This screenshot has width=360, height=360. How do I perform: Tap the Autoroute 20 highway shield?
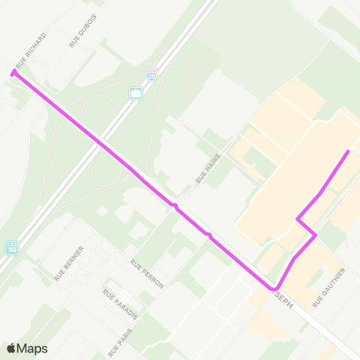coord(151,73)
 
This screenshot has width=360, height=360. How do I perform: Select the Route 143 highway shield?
coord(11,247)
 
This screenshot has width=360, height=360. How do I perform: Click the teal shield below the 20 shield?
coord(136,94)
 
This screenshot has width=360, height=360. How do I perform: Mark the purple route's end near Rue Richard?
coord(13,72)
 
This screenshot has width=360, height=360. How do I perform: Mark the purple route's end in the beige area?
coord(348,152)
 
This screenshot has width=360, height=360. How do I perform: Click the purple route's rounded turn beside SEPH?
coord(274,289)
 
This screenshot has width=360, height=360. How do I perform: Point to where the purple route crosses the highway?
coord(103,141)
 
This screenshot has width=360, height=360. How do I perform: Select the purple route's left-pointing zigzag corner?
coord(298,220)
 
